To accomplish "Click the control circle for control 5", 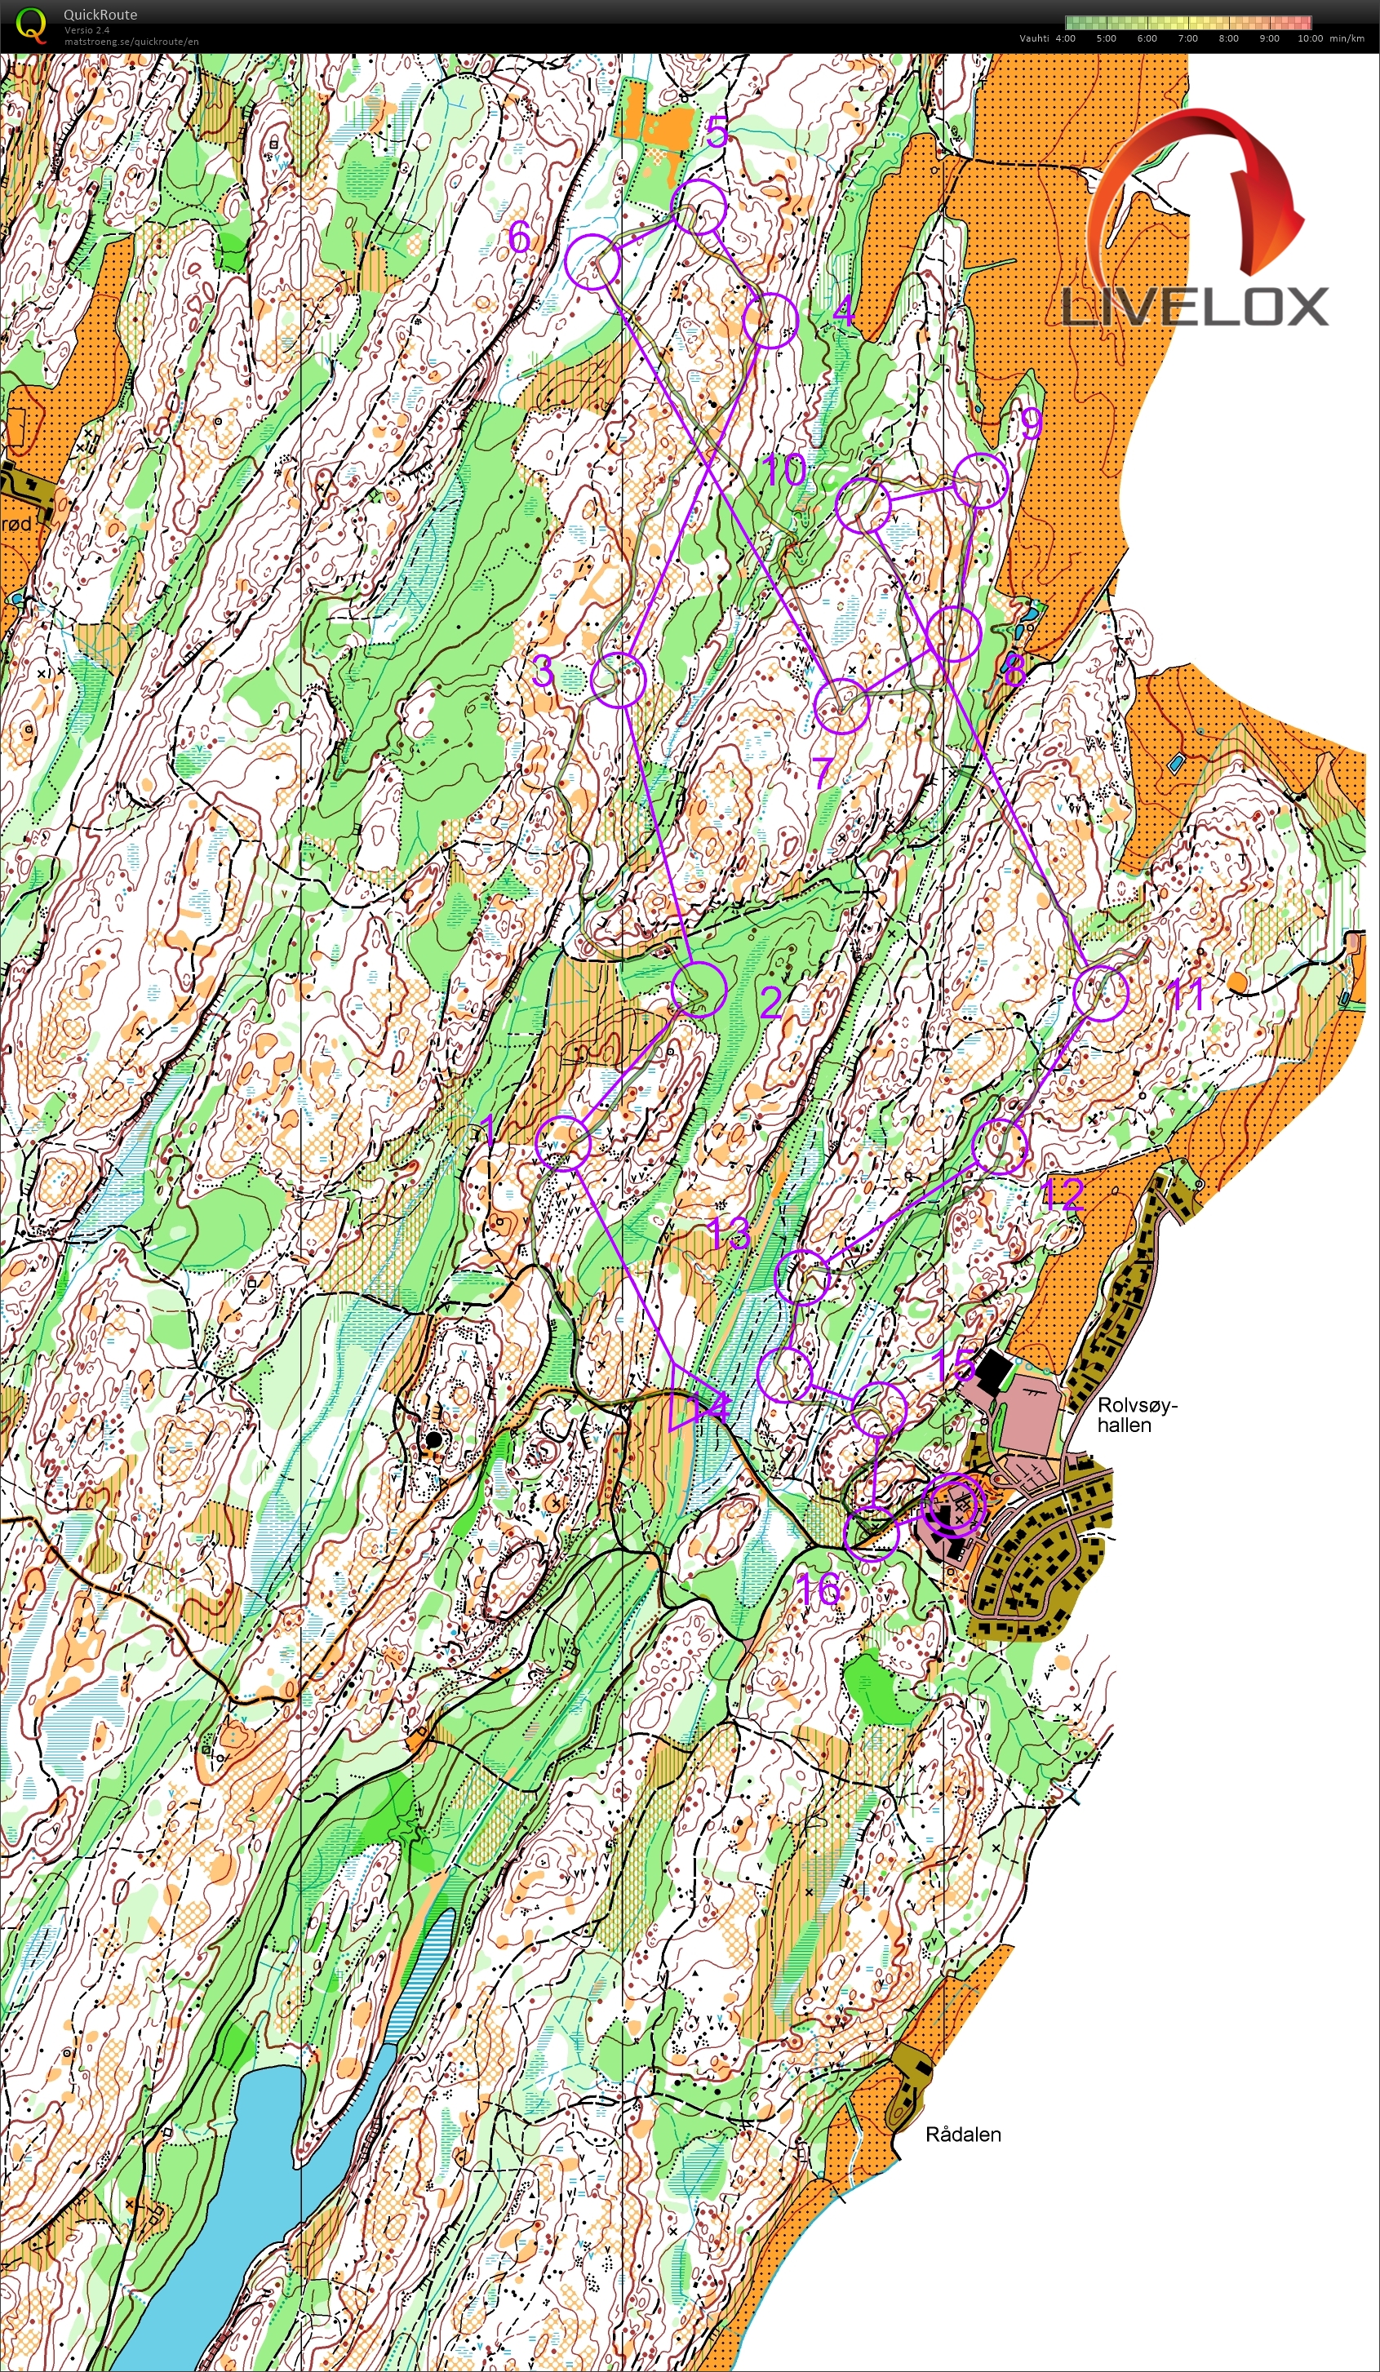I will [x=699, y=207].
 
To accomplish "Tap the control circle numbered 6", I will [x=593, y=263].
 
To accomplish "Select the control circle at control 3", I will [x=619, y=679].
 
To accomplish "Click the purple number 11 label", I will [x=1185, y=994].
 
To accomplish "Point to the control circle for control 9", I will [x=982, y=480].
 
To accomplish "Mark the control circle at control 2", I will [x=699, y=989].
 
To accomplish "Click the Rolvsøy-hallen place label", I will [x=1135, y=1415].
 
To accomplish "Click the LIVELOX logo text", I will [x=1195, y=307].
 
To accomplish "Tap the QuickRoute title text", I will [x=100, y=14].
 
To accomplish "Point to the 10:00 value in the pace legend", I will [x=1309, y=38].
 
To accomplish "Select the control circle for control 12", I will [x=999, y=1146].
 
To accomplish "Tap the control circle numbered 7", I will [x=841, y=706].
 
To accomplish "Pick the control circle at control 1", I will [x=562, y=1142].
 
